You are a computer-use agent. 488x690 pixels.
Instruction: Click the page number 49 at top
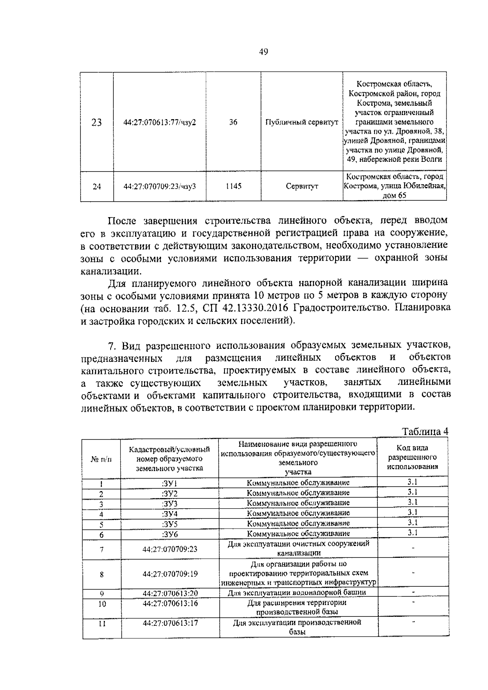pos(263,52)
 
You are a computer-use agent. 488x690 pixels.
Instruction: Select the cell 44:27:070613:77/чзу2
pos(160,122)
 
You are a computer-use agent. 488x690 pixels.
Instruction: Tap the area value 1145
pos(233,186)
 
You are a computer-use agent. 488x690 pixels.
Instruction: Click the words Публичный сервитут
pos(301,122)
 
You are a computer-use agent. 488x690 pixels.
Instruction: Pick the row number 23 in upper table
pos(96,122)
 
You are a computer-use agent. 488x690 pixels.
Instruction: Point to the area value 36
pos(233,122)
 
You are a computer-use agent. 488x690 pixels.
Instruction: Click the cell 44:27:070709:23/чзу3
pos(160,186)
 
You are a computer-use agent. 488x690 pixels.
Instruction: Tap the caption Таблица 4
pos(425,431)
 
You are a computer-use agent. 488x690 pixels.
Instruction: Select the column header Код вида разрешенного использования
pos(412,457)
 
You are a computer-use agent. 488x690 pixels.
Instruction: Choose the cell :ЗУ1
pos(170,483)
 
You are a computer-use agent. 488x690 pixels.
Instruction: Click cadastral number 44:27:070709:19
pos(170,574)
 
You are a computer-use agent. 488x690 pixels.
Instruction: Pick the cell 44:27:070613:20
pos(170,593)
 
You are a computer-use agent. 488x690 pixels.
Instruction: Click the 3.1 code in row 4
pos(412,512)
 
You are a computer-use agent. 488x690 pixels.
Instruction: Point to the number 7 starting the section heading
pos(112,346)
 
